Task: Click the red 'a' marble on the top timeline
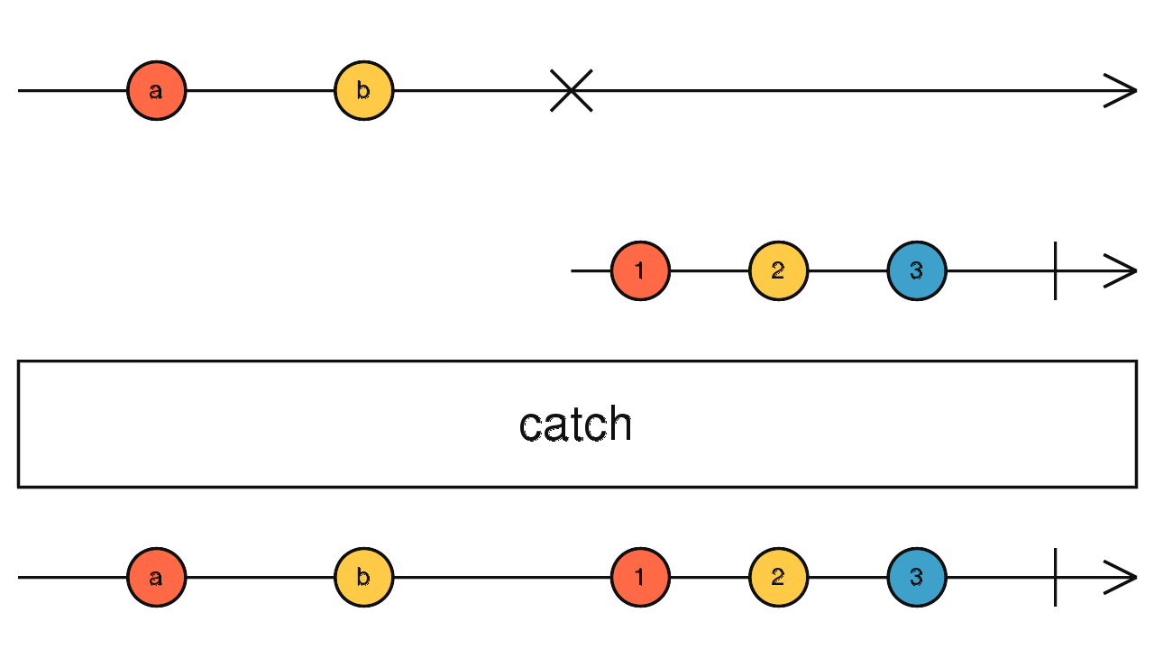click(157, 91)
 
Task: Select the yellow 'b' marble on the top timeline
click(363, 91)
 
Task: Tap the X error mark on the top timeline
click(572, 91)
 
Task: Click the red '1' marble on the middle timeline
click(640, 270)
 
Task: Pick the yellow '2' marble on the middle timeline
click(778, 270)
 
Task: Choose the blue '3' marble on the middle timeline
click(917, 270)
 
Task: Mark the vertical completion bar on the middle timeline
click(1056, 270)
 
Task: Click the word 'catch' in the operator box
click(575, 424)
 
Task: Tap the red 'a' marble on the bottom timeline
click(157, 578)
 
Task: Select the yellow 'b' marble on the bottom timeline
click(363, 578)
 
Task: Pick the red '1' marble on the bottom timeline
click(640, 578)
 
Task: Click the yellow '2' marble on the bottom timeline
click(778, 578)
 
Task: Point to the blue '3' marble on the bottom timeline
click(917, 578)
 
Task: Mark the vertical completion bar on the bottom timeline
click(1056, 578)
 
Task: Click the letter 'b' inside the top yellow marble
click(363, 90)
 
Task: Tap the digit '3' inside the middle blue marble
click(917, 270)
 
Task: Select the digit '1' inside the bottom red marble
click(639, 578)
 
